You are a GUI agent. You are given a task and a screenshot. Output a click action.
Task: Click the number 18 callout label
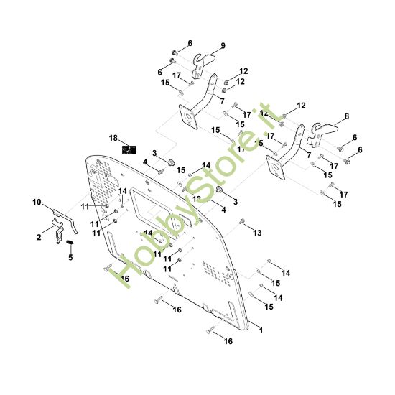coord(113,137)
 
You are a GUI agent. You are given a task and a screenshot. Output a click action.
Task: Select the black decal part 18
coord(129,149)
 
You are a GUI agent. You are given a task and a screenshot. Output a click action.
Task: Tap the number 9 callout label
coord(223,46)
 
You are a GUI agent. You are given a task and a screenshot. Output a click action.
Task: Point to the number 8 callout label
coord(347,116)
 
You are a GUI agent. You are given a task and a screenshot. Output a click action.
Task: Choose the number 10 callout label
coord(37,203)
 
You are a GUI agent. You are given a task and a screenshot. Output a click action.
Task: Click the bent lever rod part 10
coord(66,218)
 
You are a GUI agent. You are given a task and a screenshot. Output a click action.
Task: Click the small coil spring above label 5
coord(71,246)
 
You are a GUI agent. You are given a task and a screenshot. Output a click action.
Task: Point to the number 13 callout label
coord(258,233)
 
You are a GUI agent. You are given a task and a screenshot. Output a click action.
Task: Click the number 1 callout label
coord(260,330)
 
